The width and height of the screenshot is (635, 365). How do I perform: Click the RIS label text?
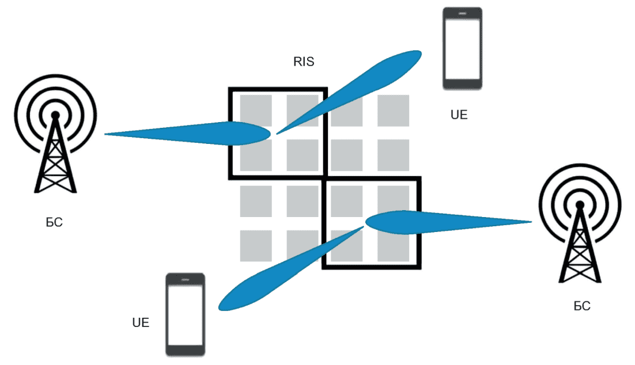pyautogui.click(x=304, y=62)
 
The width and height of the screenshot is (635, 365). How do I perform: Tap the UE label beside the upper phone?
pyautogui.click(x=459, y=115)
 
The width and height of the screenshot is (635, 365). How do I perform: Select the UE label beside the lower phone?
pyautogui.click(x=141, y=322)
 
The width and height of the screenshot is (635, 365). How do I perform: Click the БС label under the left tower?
pyautogui.click(x=54, y=222)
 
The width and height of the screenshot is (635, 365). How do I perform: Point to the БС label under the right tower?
pyautogui.click(x=582, y=306)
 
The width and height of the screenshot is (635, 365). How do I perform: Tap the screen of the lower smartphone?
pyautogui.click(x=185, y=315)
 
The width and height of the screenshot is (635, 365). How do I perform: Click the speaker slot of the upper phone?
pyautogui.click(x=462, y=13)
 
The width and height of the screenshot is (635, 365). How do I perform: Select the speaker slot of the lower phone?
pyautogui.click(x=185, y=280)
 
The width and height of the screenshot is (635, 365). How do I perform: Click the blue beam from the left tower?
pyautogui.click(x=187, y=134)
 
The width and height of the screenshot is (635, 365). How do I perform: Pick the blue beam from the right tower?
pyautogui.click(x=448, y=222)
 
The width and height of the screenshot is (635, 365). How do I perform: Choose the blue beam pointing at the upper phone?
pyautogui.click(x=349, y=92)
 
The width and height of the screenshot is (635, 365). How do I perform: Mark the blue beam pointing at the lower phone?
pyautogui.click(x=291, y=269)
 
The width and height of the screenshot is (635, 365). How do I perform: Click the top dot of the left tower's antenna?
pyautogui.click(x=55, y=116)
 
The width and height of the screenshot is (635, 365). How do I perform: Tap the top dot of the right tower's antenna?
pyautogui.click(x=580, y=205)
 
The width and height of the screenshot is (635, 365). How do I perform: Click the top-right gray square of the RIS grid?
pyautogui.click(x=393, y=111)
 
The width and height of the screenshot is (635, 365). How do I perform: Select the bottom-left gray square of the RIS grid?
pyautogui.click(x=256, y=246)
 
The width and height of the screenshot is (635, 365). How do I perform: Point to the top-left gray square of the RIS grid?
pyautogui.click(x=256, y=111)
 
